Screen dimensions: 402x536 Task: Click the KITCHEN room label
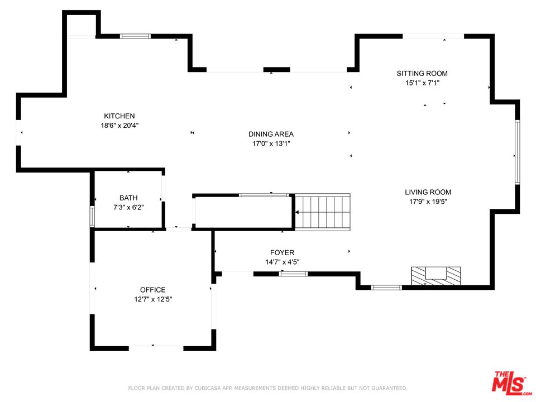click(119, 116)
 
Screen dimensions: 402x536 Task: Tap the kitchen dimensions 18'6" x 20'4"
click(119, 126)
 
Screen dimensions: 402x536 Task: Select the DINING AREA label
click(271, 134)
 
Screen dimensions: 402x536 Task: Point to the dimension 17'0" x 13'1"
click(271, 143)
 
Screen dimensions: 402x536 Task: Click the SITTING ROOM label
click(422, 73)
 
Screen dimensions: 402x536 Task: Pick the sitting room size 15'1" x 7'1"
click(422, 83)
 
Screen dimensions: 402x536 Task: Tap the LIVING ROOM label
click(428, 193)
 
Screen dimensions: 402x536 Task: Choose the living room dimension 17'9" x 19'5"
click(428, 202)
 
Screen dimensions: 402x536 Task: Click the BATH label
click(128, 198)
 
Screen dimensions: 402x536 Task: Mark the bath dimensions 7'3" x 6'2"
click(128, 207)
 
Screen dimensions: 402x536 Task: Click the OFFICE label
click(152, 290)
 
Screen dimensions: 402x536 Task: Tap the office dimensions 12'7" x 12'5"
click(152, 299)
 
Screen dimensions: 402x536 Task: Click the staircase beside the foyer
click(323, 212)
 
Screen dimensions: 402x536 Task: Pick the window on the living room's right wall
click(518, 152)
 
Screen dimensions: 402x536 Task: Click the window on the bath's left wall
click(92, 217)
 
